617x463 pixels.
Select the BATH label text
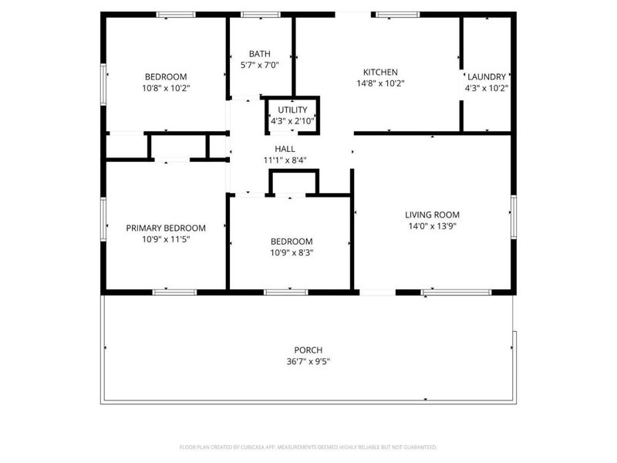coord(259,53)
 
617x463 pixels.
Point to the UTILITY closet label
coord(292,110)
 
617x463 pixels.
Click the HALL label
coord(285,149)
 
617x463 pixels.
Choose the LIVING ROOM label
coord(432,215)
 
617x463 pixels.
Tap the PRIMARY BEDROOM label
coord(166,228)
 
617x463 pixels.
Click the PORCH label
coord(308,350)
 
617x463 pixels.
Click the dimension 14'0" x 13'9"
coord(432,226)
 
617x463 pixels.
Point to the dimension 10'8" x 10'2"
coord(166,88)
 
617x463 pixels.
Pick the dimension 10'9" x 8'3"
coord(291,252)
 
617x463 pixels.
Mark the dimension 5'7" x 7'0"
coord(259,65)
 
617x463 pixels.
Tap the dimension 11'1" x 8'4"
coord(285,161)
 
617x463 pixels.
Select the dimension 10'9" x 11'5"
coord(166,239)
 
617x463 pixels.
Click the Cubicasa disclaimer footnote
coord(308,447)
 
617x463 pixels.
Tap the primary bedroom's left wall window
coord(103,219)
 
